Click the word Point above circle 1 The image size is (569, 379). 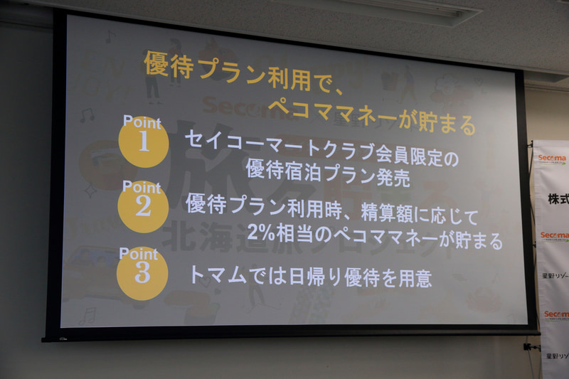(x=142, y=122)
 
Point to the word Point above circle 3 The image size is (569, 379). (x=138, y=253)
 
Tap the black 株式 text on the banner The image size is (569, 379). (x=558, y=200)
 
